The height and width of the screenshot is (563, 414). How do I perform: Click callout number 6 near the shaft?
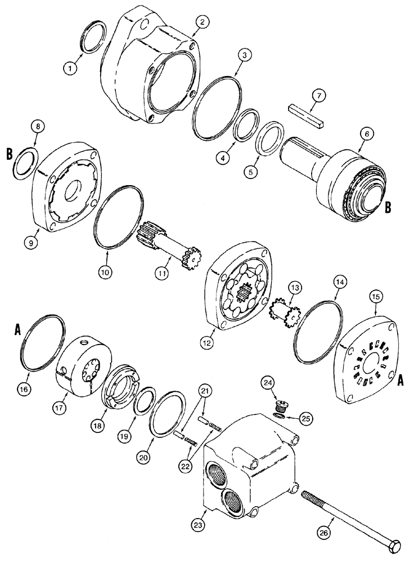366,133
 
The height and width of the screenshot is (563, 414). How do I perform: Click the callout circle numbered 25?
306,418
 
